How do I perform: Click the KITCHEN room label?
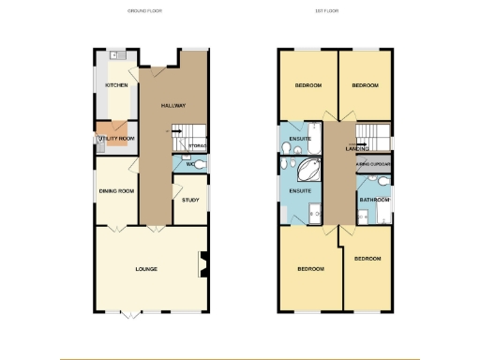tap(116, 85)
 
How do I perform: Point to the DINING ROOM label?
tap(117, 191)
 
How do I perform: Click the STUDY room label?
tap(190, 200)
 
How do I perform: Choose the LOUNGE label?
tap(145, 269)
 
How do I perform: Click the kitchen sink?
tap(112, 55)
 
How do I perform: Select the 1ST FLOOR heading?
tap(326, 11)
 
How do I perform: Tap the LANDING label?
tap(356, 149)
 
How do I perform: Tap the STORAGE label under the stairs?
tap(197, 146)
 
